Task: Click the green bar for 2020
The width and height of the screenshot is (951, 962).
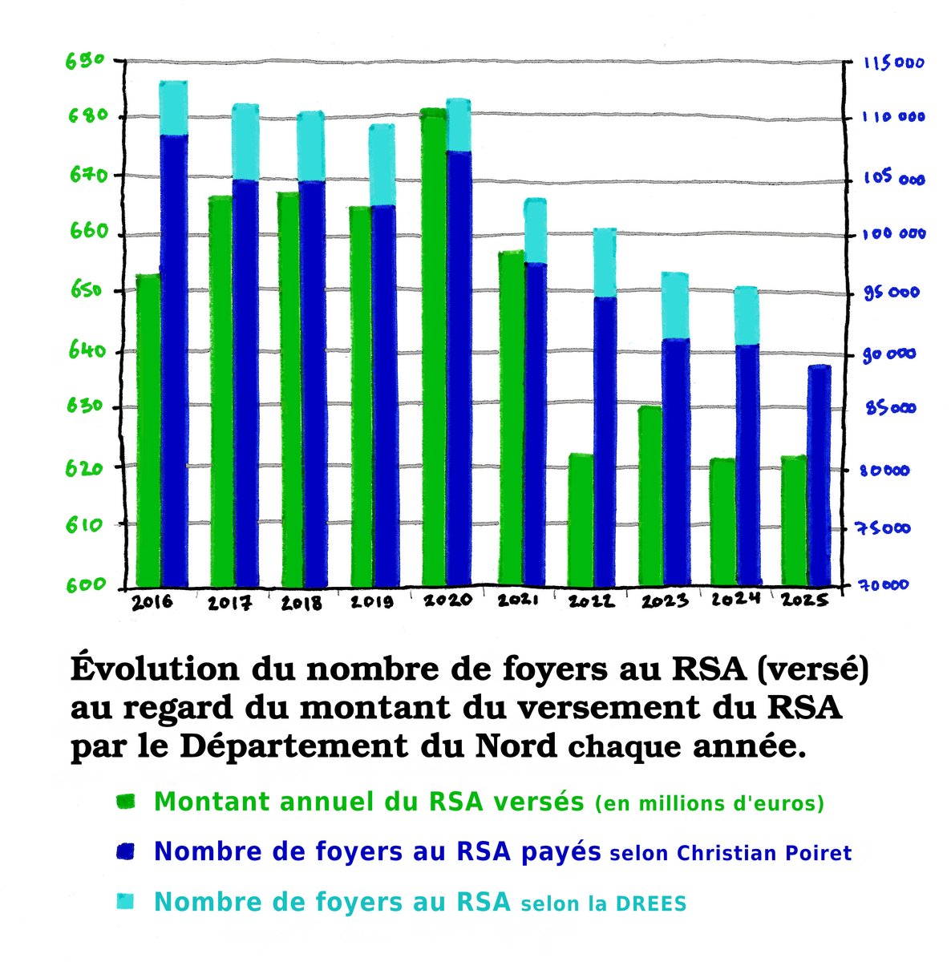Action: pos(434,345)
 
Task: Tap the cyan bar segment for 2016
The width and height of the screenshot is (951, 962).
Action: pos(173,109)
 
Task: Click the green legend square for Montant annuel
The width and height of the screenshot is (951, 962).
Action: pos(126,802)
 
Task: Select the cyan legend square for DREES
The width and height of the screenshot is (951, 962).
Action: pos(126,902)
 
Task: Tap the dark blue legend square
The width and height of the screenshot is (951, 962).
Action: pos(126,851)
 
